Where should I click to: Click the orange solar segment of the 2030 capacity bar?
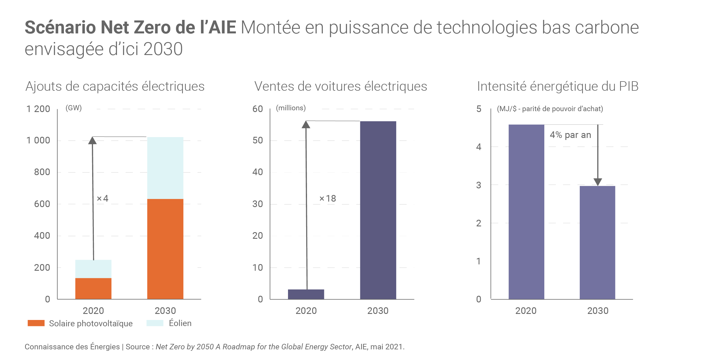(x=165, y=249)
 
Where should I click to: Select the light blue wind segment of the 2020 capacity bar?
(x=93, y=269)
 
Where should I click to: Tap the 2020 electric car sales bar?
(x=306, y=294)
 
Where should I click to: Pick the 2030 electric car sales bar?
(x=378, y=210)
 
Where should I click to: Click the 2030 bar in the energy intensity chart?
(x=597, y=242)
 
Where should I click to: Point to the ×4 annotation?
(x=103, y=198)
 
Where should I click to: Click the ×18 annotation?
(x=328, y=198)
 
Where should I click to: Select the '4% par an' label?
(x=570, y=135)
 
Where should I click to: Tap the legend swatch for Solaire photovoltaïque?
(x=36, y=323)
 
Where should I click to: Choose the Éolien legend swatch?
(x=155, y=323)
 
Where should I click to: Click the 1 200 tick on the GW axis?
(x=38, y=109)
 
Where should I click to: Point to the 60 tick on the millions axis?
(x=257, y=109)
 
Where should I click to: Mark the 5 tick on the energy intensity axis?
(x=479, y=109)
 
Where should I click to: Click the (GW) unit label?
(x=74, y=108)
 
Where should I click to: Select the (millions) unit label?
(x=291, y=108)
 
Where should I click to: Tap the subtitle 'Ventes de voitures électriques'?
(x=341, y=86)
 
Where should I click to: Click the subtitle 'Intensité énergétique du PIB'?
(x=558, y=86)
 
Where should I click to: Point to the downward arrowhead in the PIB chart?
(x=598, y=182)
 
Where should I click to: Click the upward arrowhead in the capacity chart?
(x=92, y=141)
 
